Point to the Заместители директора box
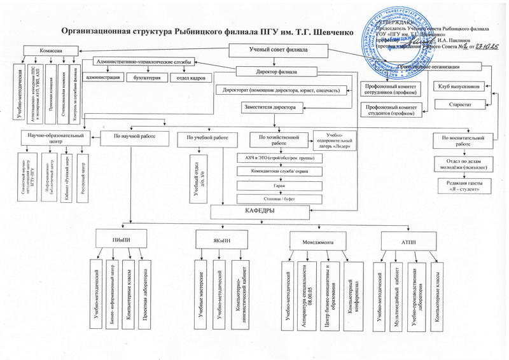pyautogui.click(x=270, y=108)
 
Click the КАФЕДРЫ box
pyautogui.click(x=261, y=211)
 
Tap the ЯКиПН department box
pyautogui.click(x=220, y=240)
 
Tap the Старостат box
pyautogui.click(x=459, y=103)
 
